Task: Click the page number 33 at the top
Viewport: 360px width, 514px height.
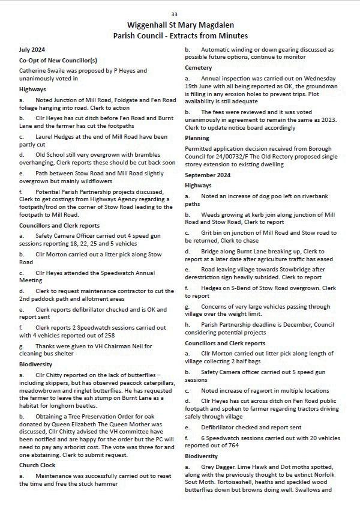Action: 174,14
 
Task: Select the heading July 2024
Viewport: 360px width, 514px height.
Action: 32,50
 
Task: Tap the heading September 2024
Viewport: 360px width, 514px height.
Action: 208,175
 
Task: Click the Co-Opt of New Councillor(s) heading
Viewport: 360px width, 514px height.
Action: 58,61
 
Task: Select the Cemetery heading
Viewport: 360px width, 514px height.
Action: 199,68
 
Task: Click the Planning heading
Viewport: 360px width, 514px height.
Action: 197,138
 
